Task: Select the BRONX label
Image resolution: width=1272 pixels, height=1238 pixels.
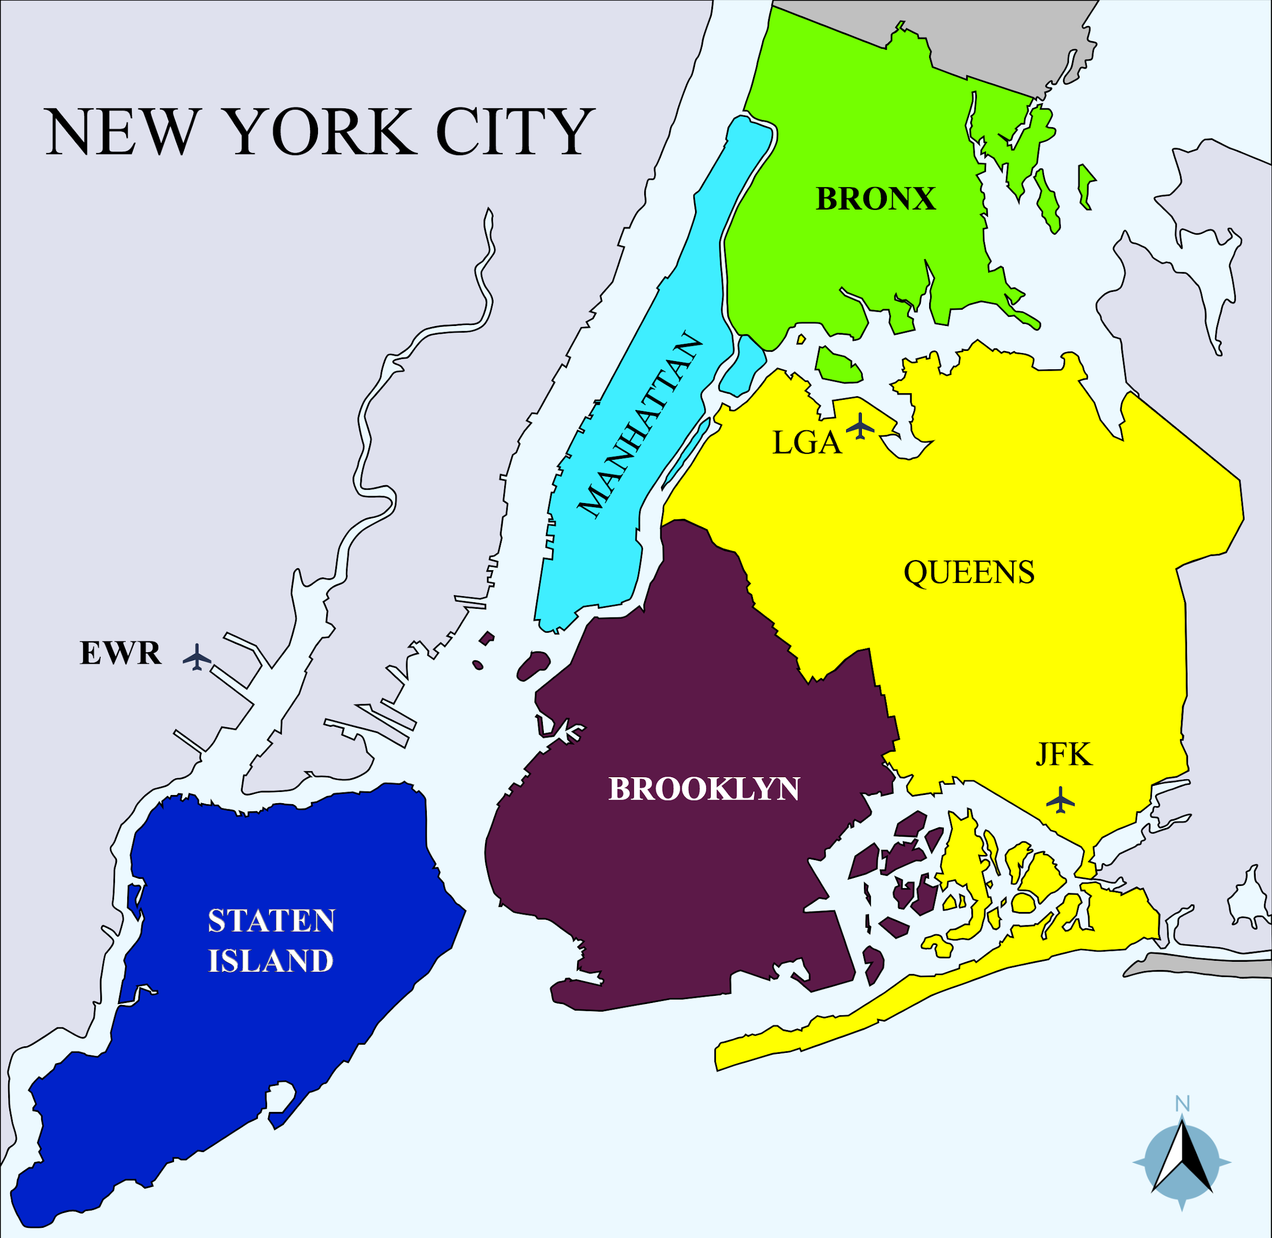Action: click(875, 199)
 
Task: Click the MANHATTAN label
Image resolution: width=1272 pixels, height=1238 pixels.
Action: click(641, 427)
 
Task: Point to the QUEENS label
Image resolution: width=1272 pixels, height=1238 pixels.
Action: click(969, 573)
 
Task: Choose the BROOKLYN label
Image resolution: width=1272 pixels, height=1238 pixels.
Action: click(704, 789)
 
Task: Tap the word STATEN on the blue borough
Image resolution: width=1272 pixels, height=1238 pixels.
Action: click(271, 921)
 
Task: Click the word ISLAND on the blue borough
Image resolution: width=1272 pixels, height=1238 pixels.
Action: click(271, 961)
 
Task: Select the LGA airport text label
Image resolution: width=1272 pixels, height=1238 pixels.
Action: click(806, 444)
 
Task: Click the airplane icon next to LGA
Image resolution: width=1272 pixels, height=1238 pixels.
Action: click(861, 426)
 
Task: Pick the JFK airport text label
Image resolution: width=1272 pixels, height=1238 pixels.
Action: click(1064, 755)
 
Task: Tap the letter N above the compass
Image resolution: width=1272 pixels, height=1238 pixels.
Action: click(1182, 1104)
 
